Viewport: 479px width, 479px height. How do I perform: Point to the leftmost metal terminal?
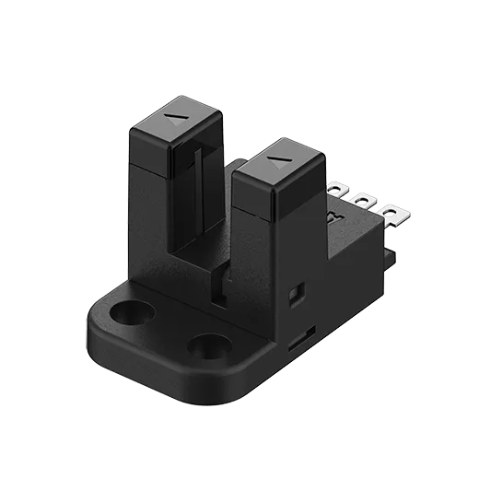tap(336, 191)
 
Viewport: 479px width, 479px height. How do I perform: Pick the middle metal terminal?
tap(364, 202)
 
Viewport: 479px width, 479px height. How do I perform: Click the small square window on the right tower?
tap(296, 294)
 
